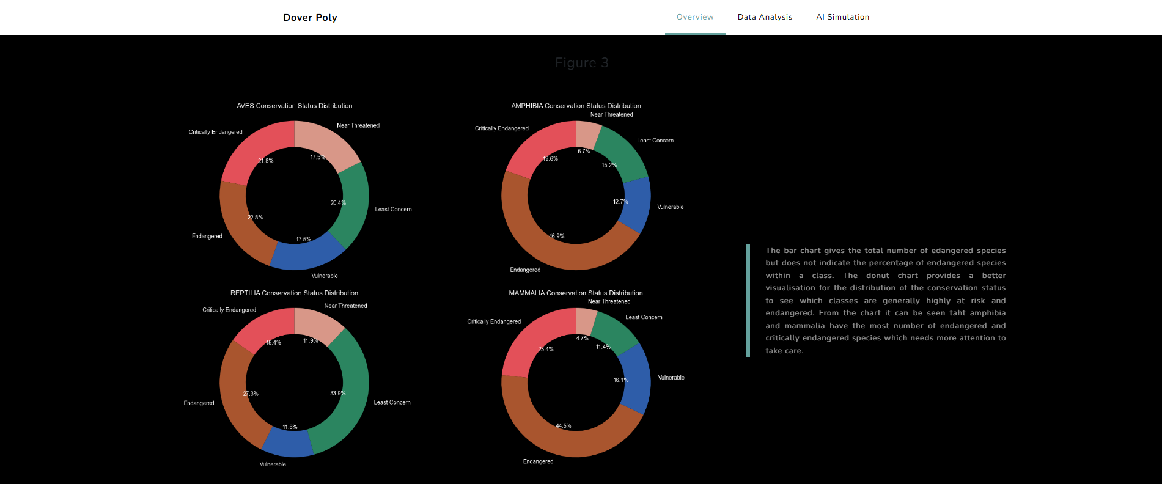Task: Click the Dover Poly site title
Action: click(310, 18)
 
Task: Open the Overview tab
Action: click(695, 17)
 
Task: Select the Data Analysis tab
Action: click(765, 17)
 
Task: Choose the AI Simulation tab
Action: click(842, 17)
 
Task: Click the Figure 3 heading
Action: click(581, 63)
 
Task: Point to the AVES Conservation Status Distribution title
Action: click(294, 106)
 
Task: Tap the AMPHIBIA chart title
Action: click(576, 106)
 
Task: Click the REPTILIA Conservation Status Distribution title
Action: click(294, 293)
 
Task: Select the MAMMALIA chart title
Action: click(576, 293)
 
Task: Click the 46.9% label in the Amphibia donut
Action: click(556, 236)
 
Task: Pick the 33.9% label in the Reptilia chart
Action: click(337, 393)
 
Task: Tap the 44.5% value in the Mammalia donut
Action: click(563, 426)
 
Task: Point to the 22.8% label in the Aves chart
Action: click(255, 218)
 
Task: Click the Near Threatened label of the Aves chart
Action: click(358, 125)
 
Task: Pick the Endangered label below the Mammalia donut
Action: click(538, 461)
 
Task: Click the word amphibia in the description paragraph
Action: click(987, 313)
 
